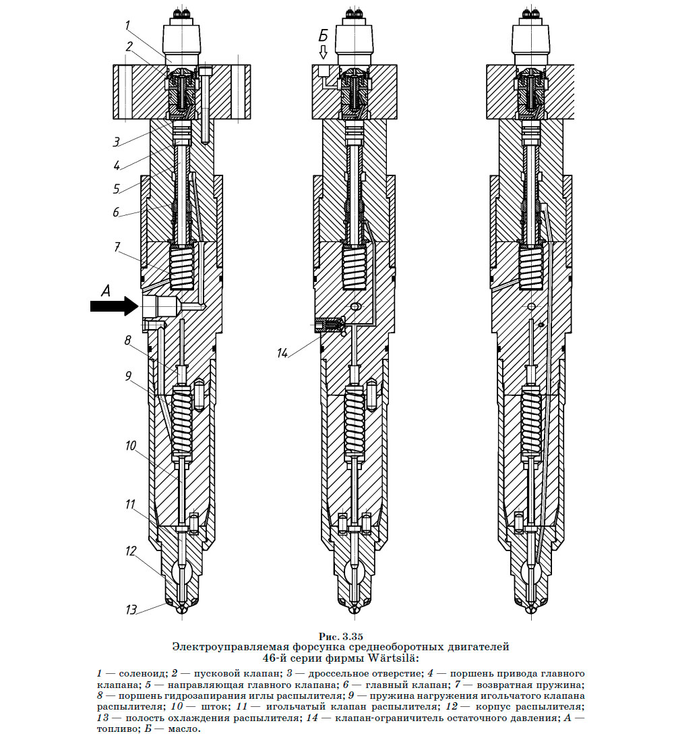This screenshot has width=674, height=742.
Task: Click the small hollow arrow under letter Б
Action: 323,52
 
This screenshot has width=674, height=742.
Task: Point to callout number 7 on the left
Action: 117,248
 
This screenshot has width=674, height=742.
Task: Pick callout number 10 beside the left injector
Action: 130,446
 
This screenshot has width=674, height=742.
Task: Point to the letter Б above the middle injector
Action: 324,36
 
